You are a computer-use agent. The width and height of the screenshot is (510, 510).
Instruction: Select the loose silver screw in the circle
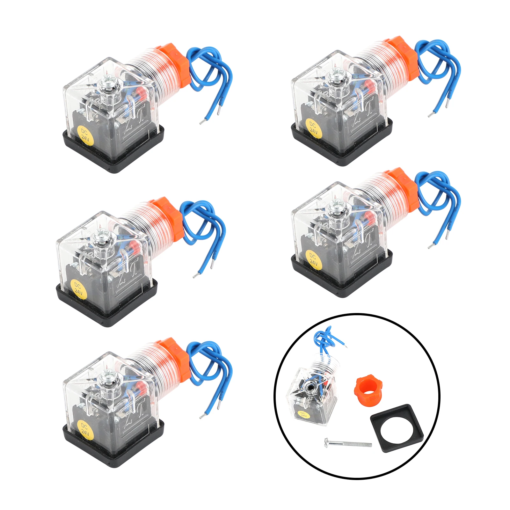pyautogui.click(x=347, y=443)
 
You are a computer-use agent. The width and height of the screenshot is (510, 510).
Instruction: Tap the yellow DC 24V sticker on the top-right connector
pyautogui.click(x=313, y=128)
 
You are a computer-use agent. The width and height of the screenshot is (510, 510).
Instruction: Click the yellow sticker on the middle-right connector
pyautogui.click(x=313, y=260)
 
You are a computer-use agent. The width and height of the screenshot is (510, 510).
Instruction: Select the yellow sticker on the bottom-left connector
pyautogui.click(x=85, y=429)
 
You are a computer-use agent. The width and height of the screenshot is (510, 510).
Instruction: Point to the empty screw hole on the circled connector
pyautogui.click(x=310, y=388)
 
